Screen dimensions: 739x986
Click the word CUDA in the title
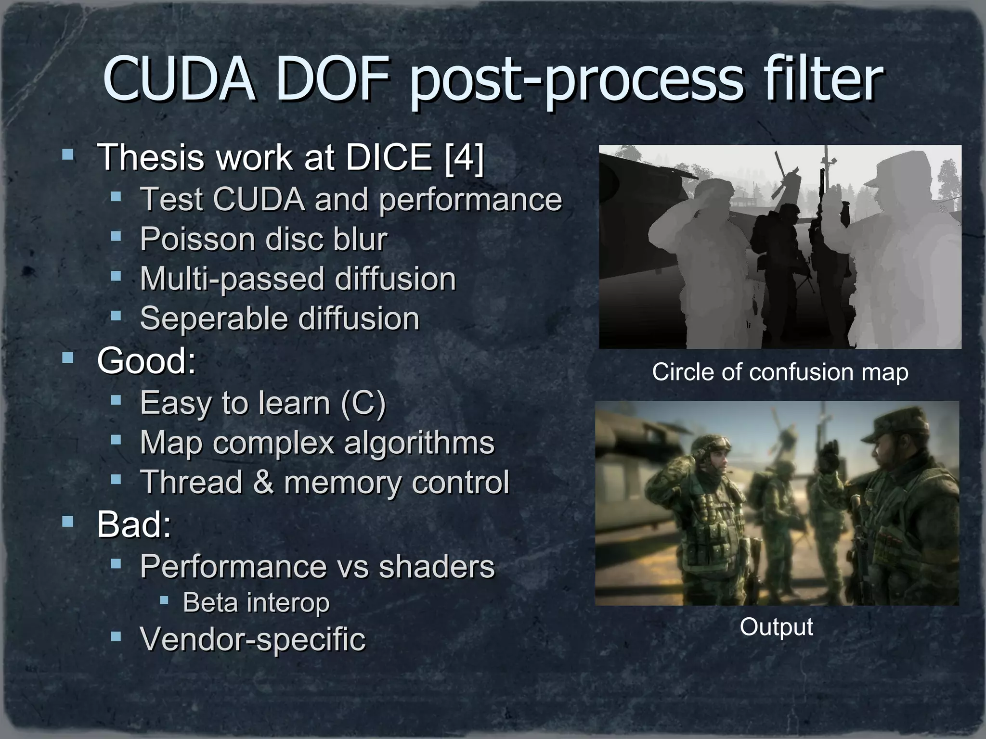179,79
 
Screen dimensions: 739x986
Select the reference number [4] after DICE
464,157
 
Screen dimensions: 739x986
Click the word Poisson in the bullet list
196,239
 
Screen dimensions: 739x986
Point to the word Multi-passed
232,279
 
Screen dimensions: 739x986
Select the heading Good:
146,361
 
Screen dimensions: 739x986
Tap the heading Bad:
134,525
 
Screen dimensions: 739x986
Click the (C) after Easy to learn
363,403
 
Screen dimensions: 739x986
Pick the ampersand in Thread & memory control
263,483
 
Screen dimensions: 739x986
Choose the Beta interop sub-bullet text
256,602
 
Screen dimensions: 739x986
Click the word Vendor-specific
253,639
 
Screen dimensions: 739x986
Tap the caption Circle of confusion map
780,372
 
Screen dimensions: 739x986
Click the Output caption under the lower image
776,627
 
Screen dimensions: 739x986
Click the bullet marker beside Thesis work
68,155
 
